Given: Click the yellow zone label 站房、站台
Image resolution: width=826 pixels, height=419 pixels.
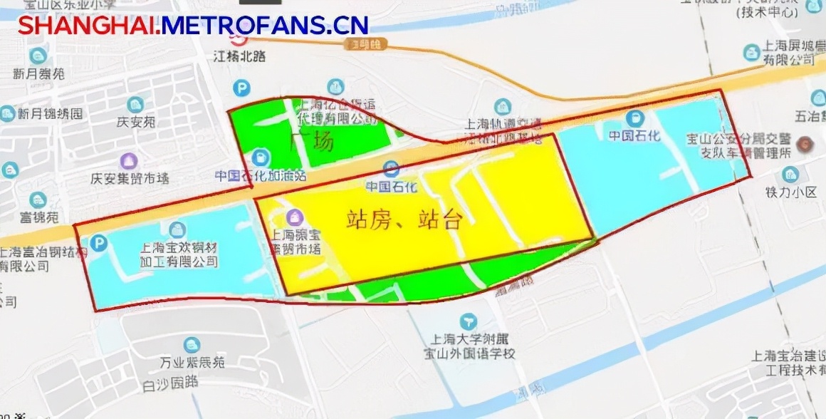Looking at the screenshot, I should [x=404, y=219].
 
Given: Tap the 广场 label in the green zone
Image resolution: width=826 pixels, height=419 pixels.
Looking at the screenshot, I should [x=312, y=142].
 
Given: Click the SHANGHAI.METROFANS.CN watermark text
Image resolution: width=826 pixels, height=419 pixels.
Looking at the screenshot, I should [x=193, y=26].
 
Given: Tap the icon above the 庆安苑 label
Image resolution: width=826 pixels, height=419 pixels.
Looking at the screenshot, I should [x=135, y=105].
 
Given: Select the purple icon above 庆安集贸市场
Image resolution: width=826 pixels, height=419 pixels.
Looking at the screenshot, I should [x=129, y=161].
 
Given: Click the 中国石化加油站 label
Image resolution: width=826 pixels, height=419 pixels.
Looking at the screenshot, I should [x=261, y=175].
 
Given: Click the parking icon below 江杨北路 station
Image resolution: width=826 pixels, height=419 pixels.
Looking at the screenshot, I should [x=243, y=88].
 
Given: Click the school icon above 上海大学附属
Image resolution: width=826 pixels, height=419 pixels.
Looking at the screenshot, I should [x=468, y=321].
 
